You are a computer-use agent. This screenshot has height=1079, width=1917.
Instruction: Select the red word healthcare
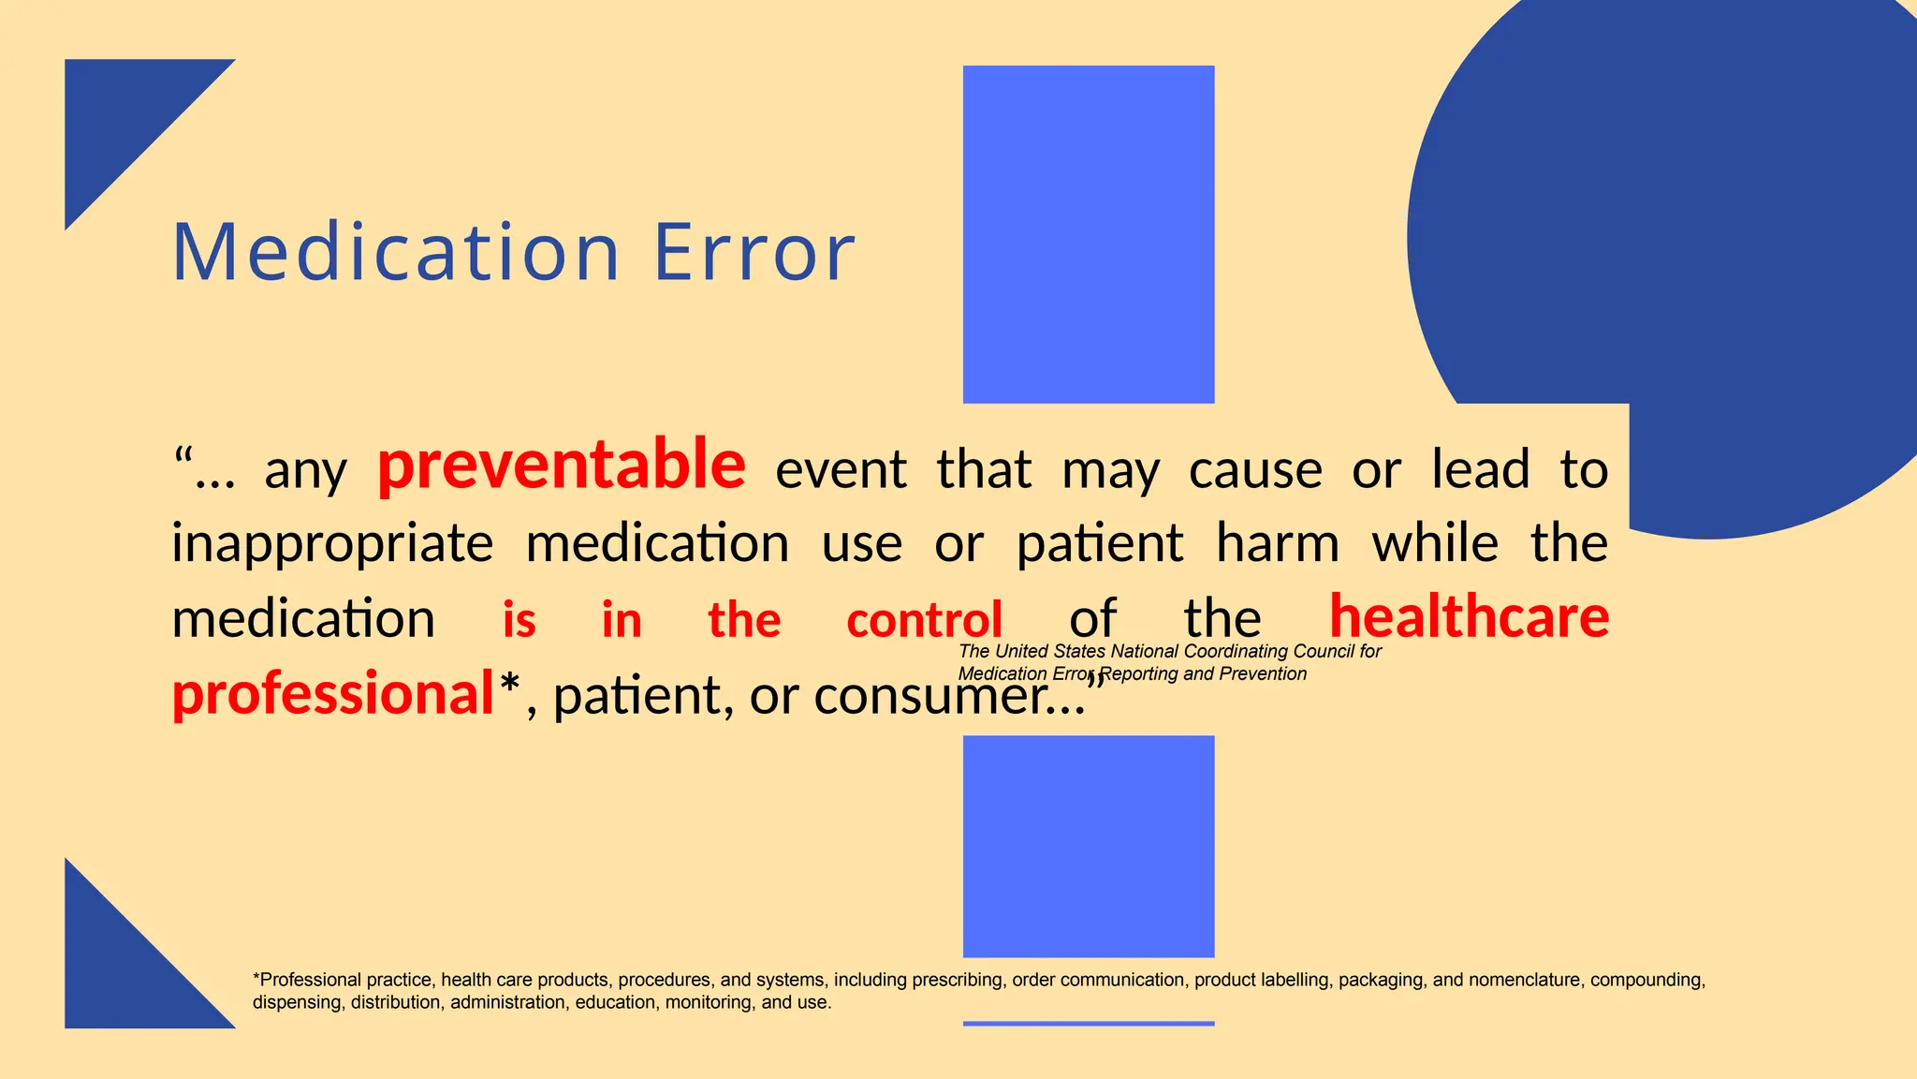(x=1469, y=617)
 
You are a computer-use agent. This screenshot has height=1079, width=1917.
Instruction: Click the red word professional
(x=332, y=694)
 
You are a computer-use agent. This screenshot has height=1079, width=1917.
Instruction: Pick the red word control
(x=924, y=621)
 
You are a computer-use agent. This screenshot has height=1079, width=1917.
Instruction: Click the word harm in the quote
(x=1277, y=543)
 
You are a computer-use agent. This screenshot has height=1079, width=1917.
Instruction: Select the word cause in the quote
(x=1255, y=469)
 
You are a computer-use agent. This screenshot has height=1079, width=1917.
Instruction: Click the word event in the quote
(x=841, y=469)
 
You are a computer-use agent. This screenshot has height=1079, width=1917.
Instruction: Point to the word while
(x=1435, y=543)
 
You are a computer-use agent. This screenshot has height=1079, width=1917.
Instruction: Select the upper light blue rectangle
(x=1089, y=234)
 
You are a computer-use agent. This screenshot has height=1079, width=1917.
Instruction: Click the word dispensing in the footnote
(x=297, y=1002)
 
